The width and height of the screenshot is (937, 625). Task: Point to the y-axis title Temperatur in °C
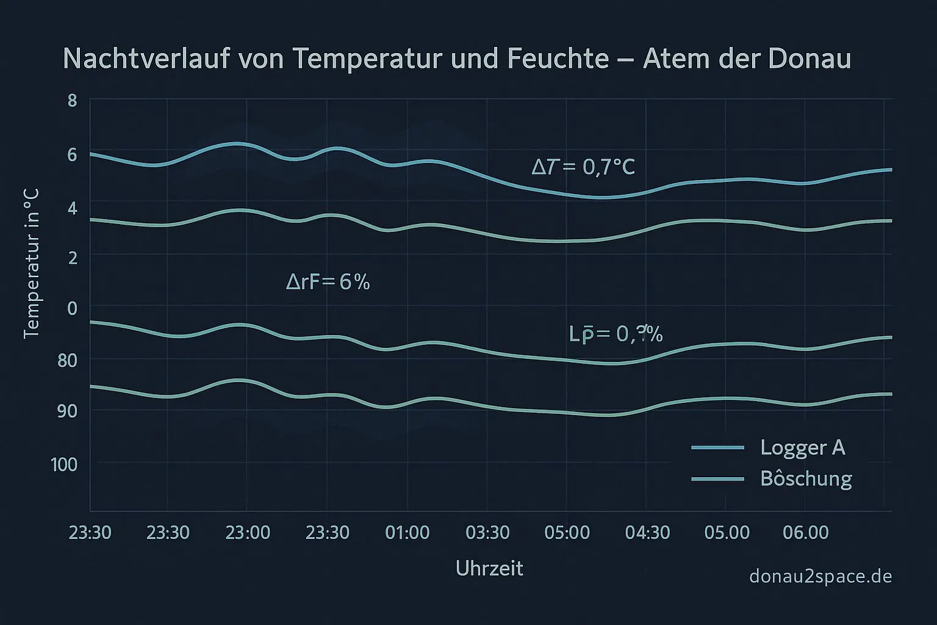tap(31, 263)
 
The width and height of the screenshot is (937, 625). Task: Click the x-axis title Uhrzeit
tap(489, 569)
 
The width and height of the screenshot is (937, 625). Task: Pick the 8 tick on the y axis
tap(72, 100)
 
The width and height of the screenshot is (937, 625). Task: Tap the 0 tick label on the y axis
tap(72, 308)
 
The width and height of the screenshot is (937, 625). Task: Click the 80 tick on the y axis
tap(68, 360)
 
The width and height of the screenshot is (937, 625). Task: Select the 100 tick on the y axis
tap(64, 464)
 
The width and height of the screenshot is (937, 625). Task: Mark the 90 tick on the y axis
tap(68, 411)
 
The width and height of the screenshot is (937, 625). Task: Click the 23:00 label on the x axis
tap(248, 533)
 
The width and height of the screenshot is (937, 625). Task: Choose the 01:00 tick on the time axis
tap(407, 533)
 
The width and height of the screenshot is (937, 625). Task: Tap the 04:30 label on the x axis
tap(647, 533)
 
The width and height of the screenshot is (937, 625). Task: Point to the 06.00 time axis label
tap(805, 533)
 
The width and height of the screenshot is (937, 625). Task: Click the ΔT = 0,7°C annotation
tap(583, 167)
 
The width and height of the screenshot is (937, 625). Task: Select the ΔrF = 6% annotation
tap(328, 282)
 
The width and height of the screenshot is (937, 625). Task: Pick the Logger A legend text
tap(802, 448)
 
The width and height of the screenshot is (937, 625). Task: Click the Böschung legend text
tap(806, 479)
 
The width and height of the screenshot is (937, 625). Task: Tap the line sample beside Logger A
tap(718, 448)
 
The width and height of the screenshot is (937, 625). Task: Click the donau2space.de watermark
tap(820, 576)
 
